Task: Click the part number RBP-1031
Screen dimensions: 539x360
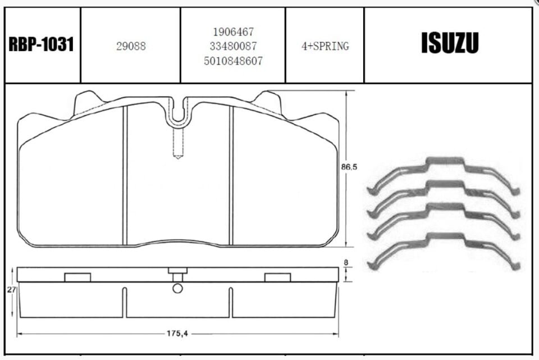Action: point(41,45)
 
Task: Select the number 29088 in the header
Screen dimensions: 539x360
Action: point(131,46)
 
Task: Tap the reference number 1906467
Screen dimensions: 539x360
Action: point(234,32)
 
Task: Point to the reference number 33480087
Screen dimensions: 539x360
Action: point(234,46)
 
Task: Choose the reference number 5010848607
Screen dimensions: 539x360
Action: point(234,61)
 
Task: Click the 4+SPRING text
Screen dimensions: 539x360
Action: point(325,46)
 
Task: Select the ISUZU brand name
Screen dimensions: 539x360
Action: point(450,43)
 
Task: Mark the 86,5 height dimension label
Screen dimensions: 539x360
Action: point(349,167)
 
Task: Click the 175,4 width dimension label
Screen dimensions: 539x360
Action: point(177,334)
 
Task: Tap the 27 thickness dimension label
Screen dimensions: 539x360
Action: point(11,290)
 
